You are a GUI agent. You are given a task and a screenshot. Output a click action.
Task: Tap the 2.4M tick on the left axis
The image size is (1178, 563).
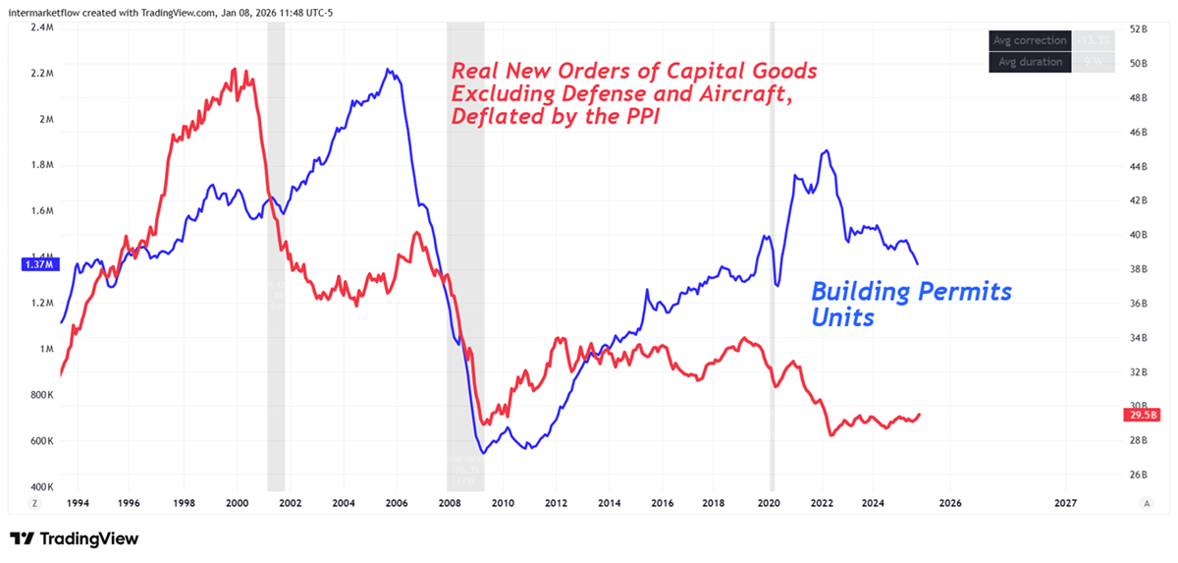41,28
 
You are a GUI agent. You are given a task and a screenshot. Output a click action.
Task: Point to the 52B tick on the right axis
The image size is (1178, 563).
1138,29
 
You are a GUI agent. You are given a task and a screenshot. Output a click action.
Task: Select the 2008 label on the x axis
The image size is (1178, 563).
450,503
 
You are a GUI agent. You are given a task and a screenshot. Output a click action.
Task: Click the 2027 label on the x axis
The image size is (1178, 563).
1065,503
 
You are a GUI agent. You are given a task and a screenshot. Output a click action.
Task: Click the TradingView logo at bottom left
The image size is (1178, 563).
74,538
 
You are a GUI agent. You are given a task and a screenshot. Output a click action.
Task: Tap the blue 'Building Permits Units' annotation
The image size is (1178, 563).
910,304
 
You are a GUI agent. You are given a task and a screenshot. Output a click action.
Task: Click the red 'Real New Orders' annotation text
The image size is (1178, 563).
633,94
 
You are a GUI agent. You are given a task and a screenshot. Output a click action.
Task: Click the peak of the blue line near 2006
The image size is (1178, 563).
389,70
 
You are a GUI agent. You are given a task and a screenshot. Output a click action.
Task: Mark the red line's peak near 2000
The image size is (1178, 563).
234,69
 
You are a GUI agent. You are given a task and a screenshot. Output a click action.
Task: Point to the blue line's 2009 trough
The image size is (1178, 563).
483,453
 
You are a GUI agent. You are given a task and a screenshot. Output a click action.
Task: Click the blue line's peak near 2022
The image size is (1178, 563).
828,150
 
